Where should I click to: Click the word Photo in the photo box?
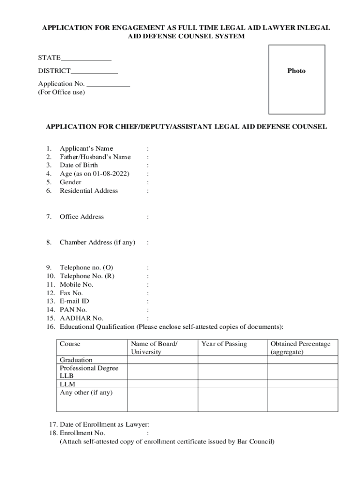tap(296, 71)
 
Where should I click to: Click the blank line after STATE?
tap(86, 59)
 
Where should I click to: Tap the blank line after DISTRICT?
tap(94, 73)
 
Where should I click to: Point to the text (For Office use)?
tap(61, 92)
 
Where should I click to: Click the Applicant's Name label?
tap(86, 148)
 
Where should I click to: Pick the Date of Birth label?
tap(79, 165)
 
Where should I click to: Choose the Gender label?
tap(70, 182)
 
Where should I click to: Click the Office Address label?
tap(82, 217)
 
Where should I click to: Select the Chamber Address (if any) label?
tap(97, 242)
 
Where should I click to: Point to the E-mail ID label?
tap(74, 301)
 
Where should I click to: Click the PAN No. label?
tap(73, 310)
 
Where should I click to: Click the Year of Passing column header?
tap(224, 344)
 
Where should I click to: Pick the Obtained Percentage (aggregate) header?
tap(300, 348)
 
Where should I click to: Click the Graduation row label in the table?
tap(76, 360)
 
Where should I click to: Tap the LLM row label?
tap(67, 384)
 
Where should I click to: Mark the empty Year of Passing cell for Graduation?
tap(232, 360)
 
